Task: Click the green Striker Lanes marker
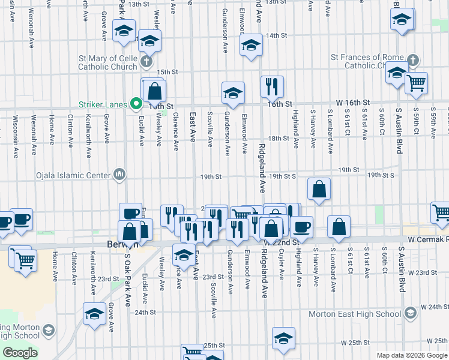coord(136,104)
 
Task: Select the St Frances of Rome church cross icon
coord(412,60)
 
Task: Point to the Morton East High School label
coord(354,314)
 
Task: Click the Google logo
coord(20,353)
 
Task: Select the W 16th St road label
coord(354,103)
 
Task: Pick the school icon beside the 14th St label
coord(250,44)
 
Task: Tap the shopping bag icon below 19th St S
coord(319,188)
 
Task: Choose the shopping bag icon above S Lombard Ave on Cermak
coord(339,226)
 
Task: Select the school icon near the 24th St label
coord(94,314)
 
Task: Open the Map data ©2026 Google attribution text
coord(411,355)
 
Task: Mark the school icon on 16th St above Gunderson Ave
coord(233,92)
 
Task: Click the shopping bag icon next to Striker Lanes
coord(155,91)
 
